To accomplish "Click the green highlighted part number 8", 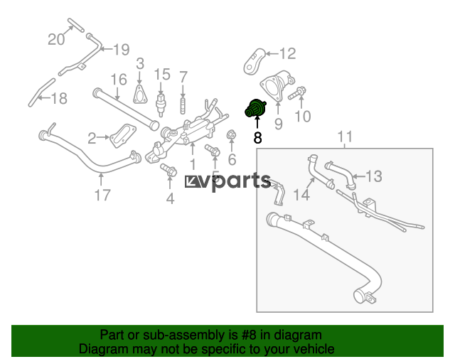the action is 255,108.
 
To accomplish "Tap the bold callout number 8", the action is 257,138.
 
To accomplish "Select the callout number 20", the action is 56,39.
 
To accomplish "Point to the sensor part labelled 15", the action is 161,103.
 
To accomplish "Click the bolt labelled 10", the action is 297,93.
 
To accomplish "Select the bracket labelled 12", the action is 255,62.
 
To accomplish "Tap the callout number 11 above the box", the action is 345,136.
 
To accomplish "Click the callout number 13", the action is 374,176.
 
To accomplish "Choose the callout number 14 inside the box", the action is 301,194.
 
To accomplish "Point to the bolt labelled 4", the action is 168,169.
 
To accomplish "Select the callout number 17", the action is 102,195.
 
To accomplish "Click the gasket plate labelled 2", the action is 123,136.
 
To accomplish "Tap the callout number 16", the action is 119,80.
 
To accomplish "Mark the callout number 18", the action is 59,98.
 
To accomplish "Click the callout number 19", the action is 122,50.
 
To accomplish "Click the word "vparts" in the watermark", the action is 239,181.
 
